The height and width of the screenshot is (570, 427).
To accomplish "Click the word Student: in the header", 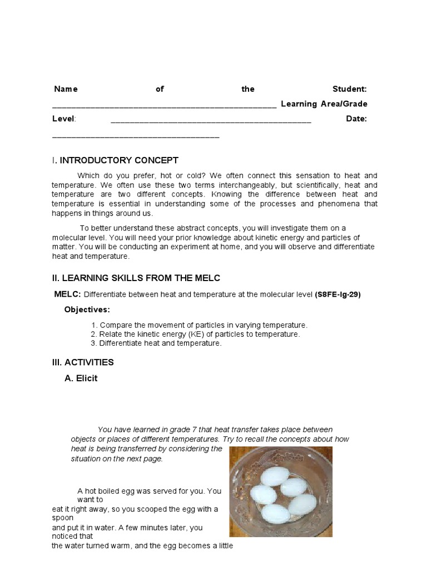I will (349, 89).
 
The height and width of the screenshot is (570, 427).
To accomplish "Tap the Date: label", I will (356, 119).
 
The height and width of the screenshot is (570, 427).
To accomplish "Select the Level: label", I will (64, 119).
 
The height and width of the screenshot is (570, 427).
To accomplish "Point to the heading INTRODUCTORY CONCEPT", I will (118, 160).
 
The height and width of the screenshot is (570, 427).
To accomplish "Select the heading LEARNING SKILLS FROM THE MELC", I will (140, 278).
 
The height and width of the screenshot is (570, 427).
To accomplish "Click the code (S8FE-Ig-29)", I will (337, 295).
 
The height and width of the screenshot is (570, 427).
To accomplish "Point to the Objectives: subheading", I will (87, 309).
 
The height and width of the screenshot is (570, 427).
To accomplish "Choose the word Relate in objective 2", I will (111, 334).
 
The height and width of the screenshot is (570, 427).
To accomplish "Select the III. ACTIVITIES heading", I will (82, 362).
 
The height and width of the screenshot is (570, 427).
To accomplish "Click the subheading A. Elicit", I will (81, 379).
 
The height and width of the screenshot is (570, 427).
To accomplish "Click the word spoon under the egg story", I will (62, 518).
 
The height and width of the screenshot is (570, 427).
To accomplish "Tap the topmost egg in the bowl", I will (276, 476).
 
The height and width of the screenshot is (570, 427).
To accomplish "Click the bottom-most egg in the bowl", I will (275, 513).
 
